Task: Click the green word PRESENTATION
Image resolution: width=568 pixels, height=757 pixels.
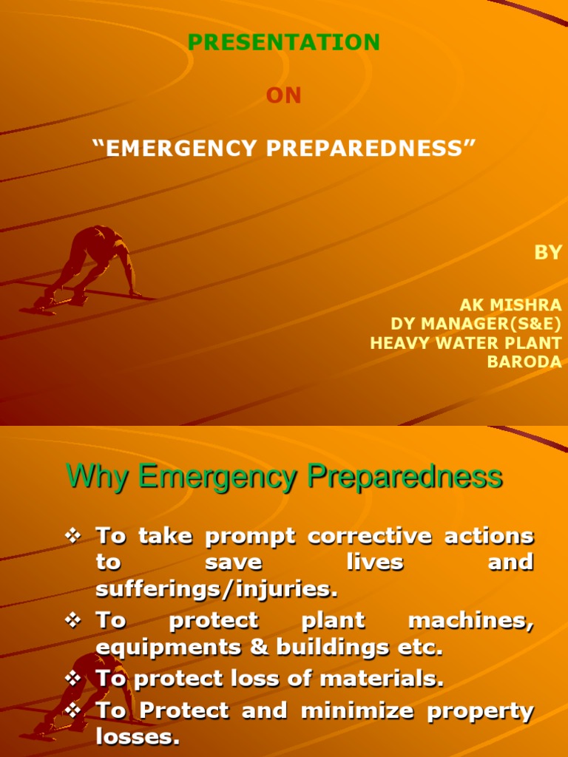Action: [x=284, y=43]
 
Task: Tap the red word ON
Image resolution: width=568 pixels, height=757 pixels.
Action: [x=284, y=96]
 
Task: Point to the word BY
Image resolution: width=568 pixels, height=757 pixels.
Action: [x=548, y=253]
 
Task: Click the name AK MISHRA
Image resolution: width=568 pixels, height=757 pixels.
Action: [x=510, y=305]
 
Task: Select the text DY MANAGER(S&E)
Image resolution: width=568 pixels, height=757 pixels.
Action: [x=476, y=324]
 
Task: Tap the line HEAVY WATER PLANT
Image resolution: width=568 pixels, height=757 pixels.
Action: [x=465, y=343]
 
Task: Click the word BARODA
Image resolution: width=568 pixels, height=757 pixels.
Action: [x=524, y=362]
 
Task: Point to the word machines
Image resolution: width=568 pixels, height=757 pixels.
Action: [x=470, y=620]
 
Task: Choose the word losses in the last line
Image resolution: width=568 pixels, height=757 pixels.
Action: [x=138, y=737]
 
